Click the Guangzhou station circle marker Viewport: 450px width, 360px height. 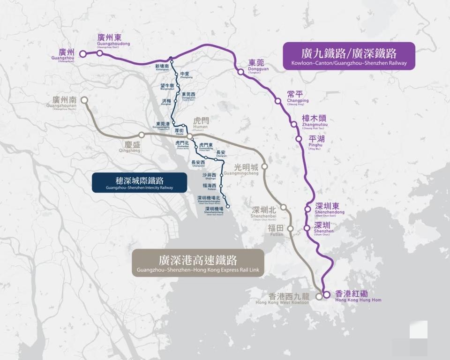click(x=83, y=54)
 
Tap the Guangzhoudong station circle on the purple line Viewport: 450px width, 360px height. click(x=100, y=53)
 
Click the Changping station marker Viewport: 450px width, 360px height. click(x=278, y=101)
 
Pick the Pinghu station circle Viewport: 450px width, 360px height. click(x=299, y=138)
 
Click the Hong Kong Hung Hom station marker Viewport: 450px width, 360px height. click(x=326, y=295)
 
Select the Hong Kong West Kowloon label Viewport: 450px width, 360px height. click(x=289, y=299)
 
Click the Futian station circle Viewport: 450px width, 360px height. click(x=290, y=228)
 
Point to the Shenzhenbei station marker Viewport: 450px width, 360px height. click(x=284, y=207)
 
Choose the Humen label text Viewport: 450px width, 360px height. click(x=201, y=123)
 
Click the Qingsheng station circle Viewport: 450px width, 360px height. click(x=141, y=135)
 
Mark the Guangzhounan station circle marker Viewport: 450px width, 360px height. click(x=84, y=100)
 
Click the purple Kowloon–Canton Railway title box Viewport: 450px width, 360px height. click(x=349, y=56)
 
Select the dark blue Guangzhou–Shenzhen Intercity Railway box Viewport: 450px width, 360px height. click(x=139, y=182)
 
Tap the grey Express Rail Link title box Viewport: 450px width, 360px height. click(x=198, y=263)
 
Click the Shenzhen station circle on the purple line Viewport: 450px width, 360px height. click(x=307, y=228)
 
